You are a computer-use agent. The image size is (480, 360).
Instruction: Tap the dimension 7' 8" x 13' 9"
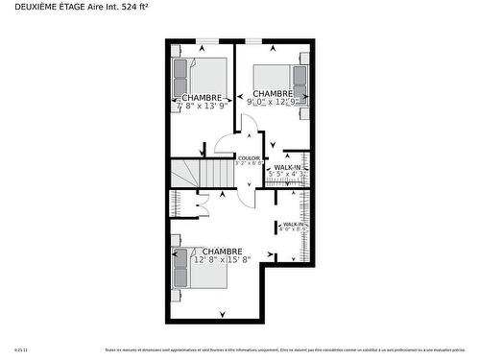[x=201, y=106]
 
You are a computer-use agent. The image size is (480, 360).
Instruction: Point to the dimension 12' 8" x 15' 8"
[x=222, y=259]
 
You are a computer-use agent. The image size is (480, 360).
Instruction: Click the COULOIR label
[x=250, y=157]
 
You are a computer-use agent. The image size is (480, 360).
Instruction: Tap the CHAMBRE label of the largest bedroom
[x=222, y=251]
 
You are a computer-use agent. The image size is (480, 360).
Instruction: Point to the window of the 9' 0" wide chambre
[x=254, y=40]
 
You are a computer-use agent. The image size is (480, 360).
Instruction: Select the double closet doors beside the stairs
[x=203, y=204]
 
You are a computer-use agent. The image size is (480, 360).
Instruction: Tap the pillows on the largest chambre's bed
[x=180, y=268]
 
